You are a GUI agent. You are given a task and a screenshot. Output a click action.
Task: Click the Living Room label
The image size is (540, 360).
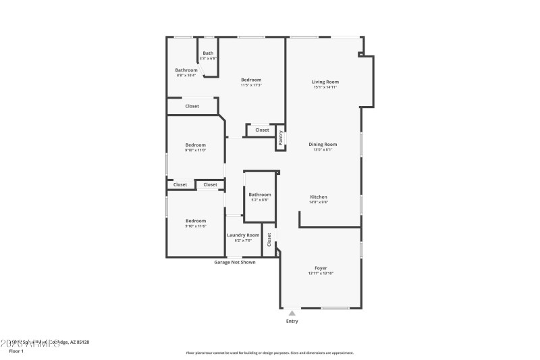coord(325,82)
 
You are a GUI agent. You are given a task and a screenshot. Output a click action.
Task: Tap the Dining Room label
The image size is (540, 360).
coord(323,144)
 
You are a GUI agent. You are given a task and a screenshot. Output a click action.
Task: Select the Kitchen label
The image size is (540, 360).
coord(319,197)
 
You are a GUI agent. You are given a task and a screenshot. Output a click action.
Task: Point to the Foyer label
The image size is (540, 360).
coord(321,268)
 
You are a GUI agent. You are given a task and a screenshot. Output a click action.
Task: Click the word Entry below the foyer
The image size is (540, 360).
coord(292,321)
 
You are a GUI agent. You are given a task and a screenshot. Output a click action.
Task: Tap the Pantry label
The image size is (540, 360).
coord(281,138)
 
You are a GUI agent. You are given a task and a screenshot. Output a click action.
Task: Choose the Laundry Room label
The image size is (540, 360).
coord(243,235)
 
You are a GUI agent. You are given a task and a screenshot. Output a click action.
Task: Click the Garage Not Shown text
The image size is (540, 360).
coord(235,262)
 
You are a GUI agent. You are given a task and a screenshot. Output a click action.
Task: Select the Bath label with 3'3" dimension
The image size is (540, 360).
coord(208,53)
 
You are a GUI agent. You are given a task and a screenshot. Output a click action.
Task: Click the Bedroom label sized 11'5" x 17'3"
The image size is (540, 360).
coord(251,80)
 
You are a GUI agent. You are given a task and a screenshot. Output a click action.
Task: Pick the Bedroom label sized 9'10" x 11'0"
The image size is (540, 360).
coord(196,145)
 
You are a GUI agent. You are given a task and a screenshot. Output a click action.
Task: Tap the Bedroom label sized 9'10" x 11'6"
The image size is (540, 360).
coord(196,221)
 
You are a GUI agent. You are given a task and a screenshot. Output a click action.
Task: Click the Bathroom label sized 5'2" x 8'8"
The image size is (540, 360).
coord(260,195)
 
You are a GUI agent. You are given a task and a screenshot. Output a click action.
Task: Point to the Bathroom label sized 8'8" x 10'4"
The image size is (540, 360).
coord(186,70)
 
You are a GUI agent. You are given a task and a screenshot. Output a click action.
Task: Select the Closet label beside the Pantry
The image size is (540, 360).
coord(262,130)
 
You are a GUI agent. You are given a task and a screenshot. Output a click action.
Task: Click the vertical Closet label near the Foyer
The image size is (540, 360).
coord(269,239)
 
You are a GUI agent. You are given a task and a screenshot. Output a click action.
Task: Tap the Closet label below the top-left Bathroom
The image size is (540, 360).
coord(192,106)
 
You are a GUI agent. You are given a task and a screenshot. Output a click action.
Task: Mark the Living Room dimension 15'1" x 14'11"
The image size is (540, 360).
coord(325,87)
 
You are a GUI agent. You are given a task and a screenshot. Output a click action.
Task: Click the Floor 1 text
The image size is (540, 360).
coord(16,351)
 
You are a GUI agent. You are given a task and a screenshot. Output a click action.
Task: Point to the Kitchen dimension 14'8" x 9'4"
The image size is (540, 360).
coord(319,202)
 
